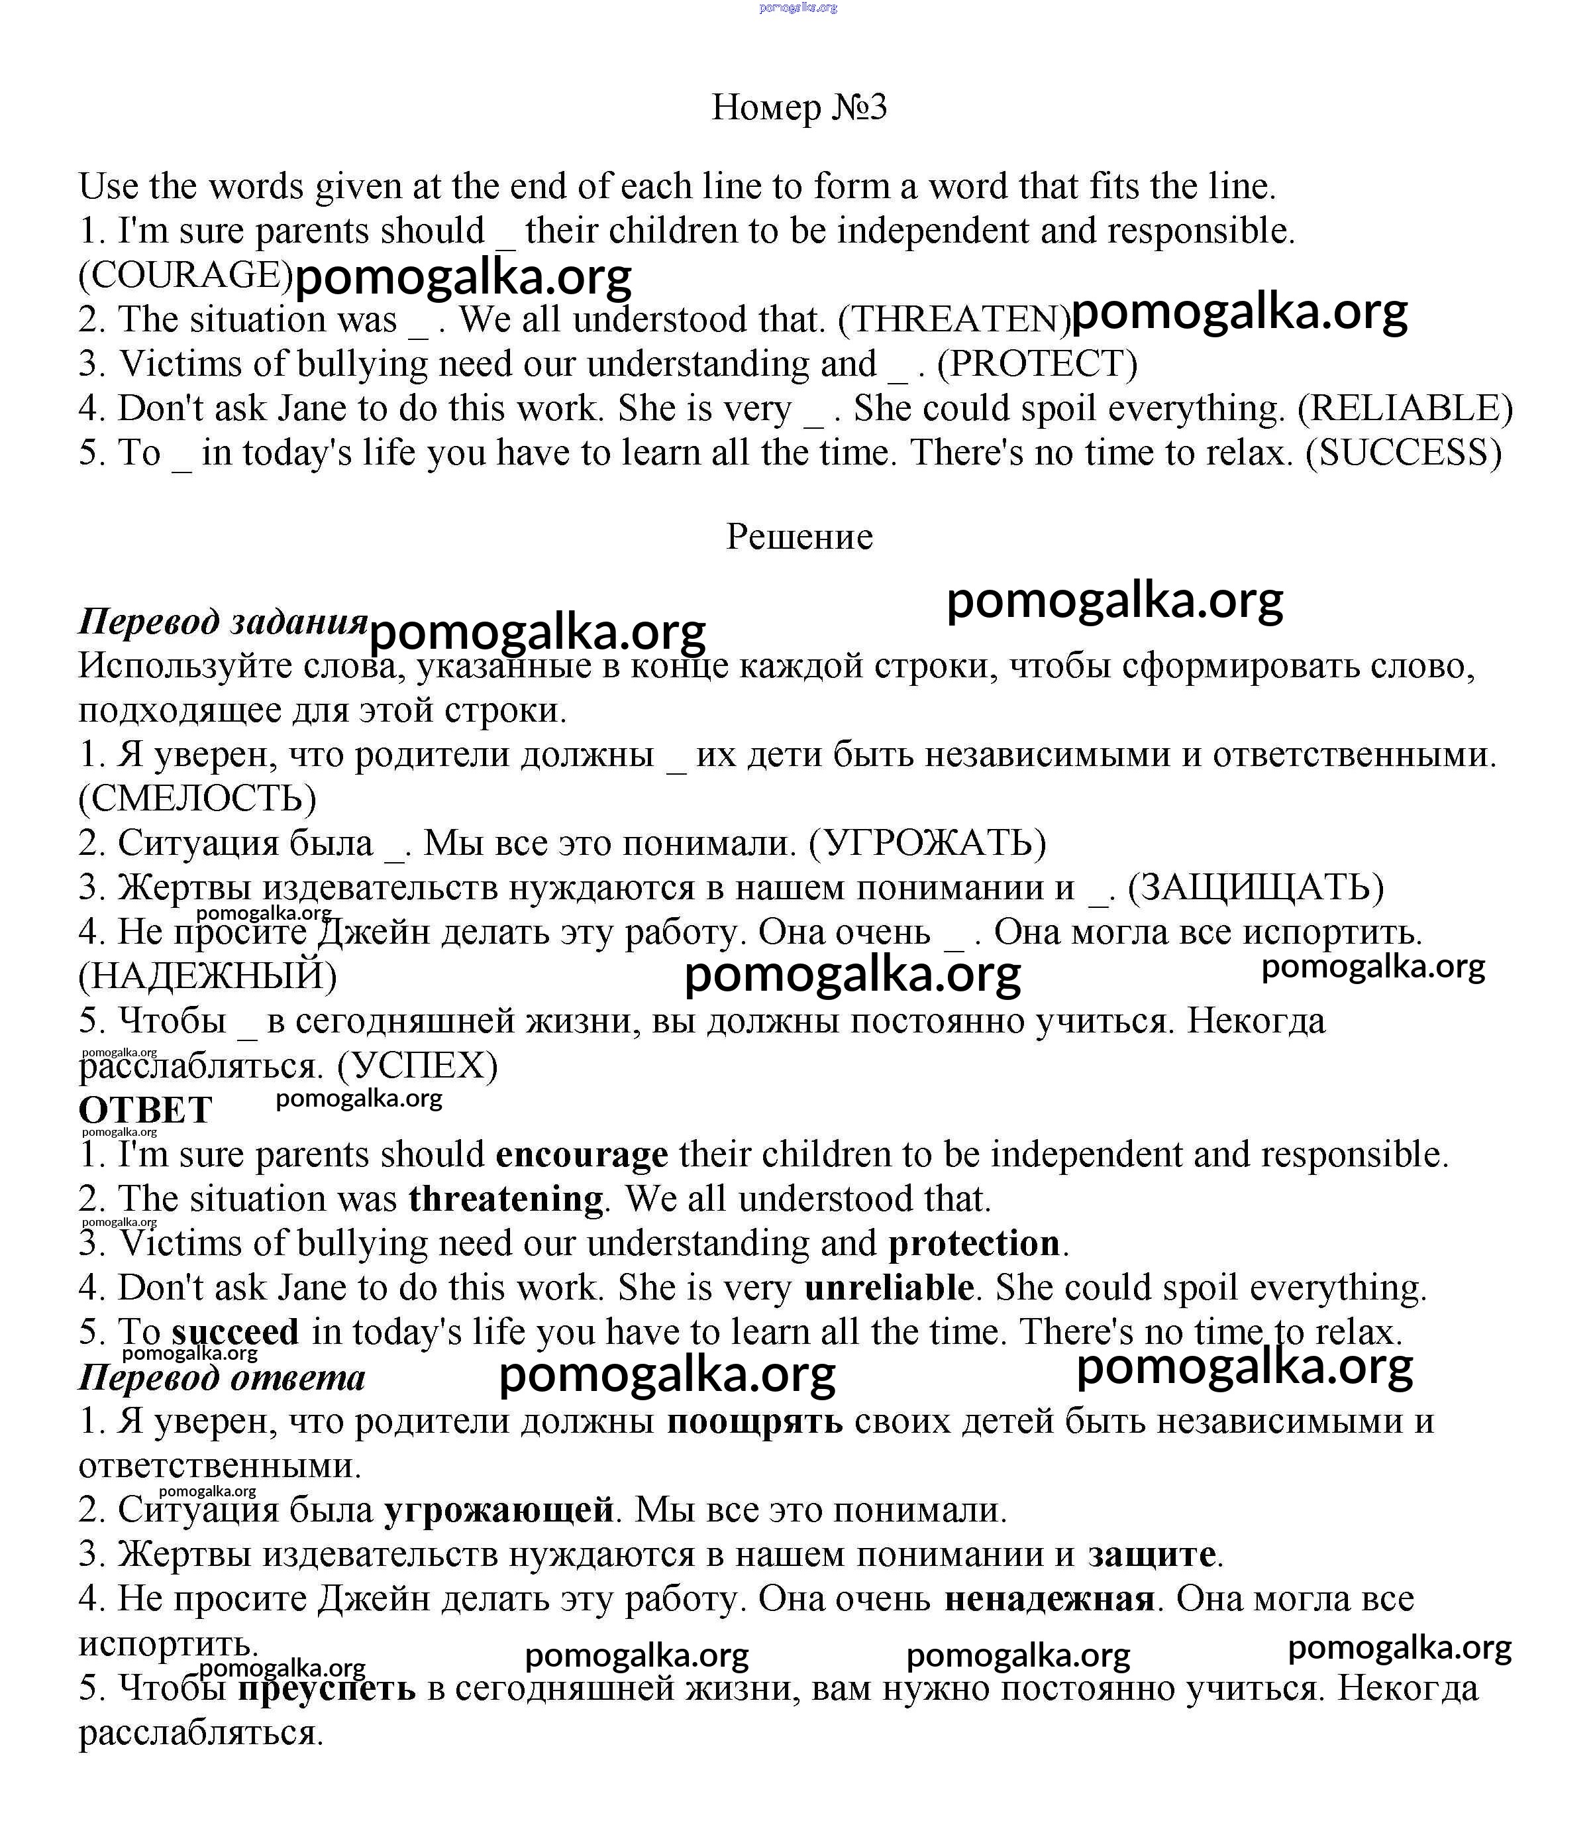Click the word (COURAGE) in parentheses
click(185, 275)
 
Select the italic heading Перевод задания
click(223, 622)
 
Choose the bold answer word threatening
click(505, 1199)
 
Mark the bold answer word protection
click(974, 1244)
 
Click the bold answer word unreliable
click(888, 1288)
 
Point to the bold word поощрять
click(754, 1421)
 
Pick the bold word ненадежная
click(1049, 1599)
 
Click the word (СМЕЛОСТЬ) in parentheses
click(197, 799)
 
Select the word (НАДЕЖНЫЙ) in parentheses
click(207, 977)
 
